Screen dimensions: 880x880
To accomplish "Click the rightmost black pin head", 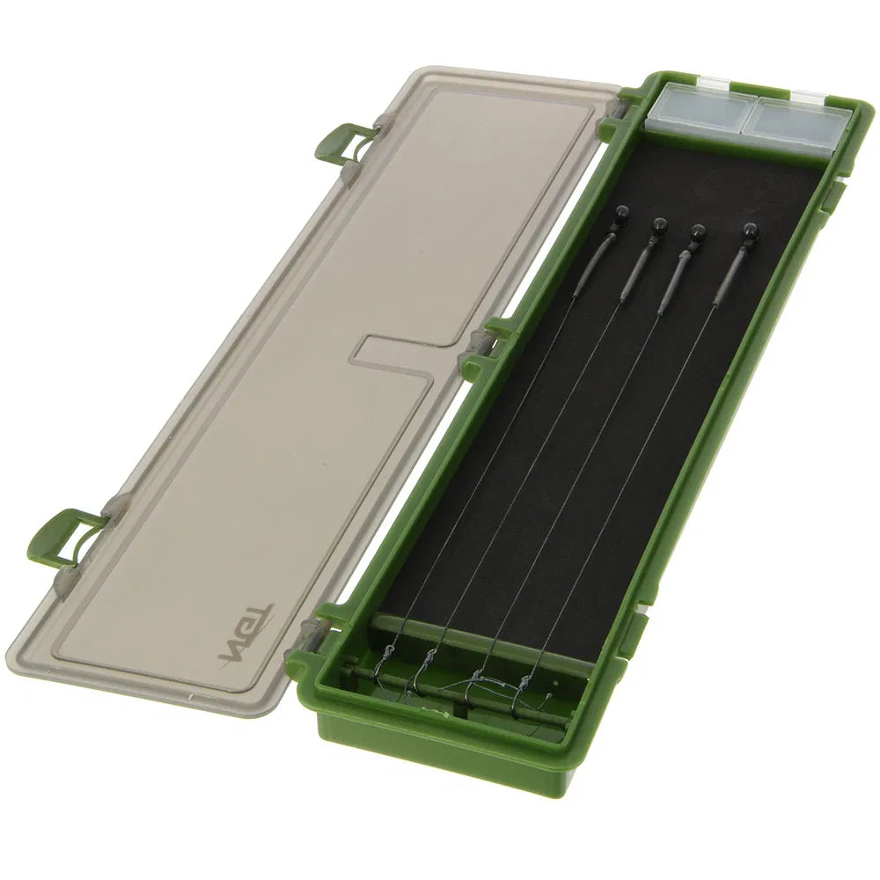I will [x=750, y=231].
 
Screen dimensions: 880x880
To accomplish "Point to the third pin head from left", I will [x=699, y=231].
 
